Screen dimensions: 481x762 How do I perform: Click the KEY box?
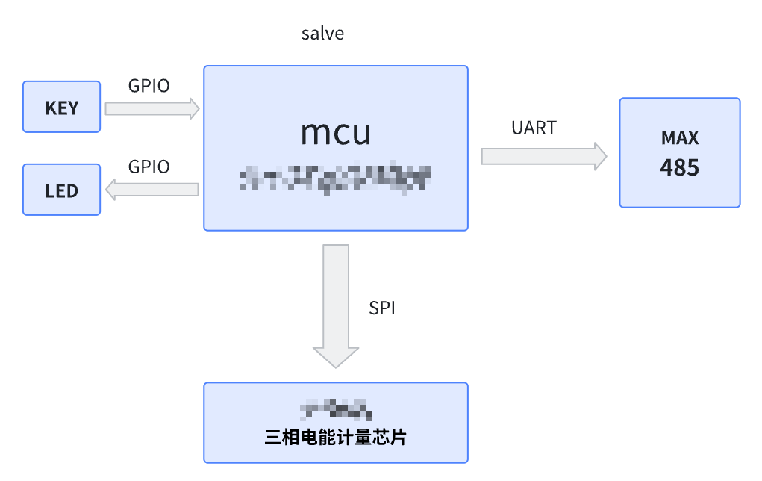pos(61,107)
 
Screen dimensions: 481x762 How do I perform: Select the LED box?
pos(61,190)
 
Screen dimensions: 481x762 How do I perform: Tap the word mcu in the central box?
pos(336,133)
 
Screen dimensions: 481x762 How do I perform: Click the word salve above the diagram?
pos(322,34)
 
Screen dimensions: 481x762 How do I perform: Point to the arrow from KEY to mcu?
pos(152,108)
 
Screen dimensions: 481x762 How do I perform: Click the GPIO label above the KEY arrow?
pos(149,86)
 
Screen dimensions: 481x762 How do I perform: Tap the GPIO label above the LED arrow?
pos(149,167)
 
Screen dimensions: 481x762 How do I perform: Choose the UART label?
pos(534,128)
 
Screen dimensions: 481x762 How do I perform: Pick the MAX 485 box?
pos(679,152)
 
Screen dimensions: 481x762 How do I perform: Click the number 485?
pos(679,167)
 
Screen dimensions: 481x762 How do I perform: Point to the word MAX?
pos(679,138)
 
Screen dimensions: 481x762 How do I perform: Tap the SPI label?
pos(382,308)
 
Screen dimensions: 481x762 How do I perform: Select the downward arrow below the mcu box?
pos(336,299)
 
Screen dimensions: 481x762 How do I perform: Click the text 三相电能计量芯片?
pos(336,438)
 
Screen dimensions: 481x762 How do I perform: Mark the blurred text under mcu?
pos(336,178)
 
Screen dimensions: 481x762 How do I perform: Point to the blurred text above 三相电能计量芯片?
pos(336,409)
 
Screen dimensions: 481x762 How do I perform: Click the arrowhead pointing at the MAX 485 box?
pos(599,156)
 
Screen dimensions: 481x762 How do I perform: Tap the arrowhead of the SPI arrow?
pos(336,356)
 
